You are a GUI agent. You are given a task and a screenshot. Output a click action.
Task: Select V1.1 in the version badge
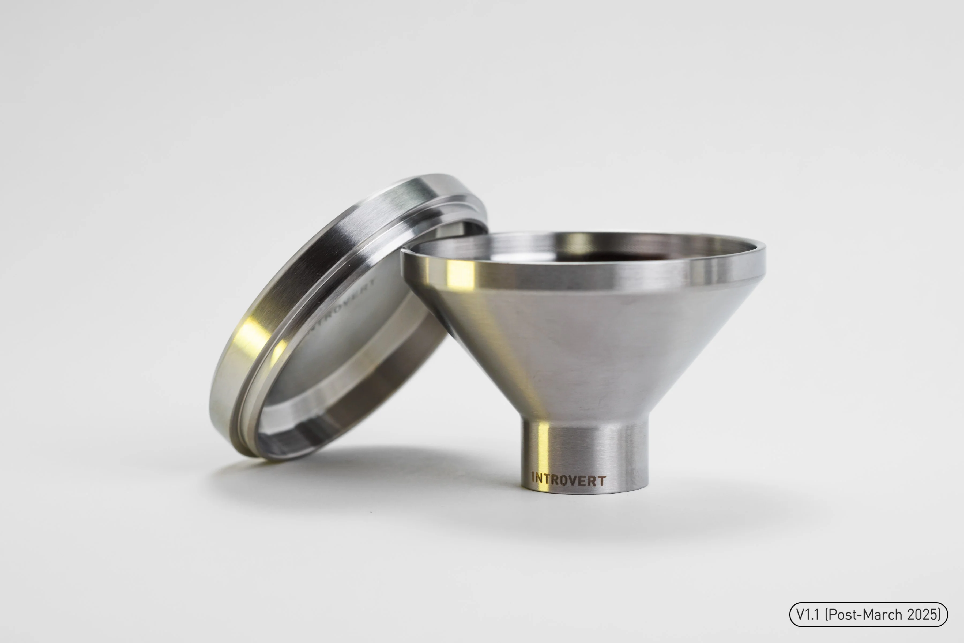point(807,615)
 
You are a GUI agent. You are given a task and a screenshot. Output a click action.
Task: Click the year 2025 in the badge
point(922,615)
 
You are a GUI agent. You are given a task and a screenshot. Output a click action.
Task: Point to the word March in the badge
point(882,615)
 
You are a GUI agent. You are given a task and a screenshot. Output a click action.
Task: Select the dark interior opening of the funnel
point(615,256)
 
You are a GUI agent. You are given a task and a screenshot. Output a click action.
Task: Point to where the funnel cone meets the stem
point(584,419)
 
